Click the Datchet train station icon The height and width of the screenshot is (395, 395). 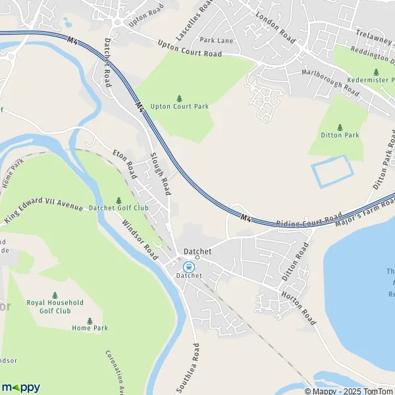click(x=189, y=267)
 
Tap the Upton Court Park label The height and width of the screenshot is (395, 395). click(x=178, y=106)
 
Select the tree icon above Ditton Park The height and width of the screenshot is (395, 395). click(x=340, y=126)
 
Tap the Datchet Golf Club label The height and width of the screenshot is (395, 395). click(x=119, y=208)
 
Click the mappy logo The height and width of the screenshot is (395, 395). click(x=20, y=387)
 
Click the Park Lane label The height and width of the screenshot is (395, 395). click(x=217, y=39)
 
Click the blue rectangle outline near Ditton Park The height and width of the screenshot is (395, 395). click(x=332, y=172)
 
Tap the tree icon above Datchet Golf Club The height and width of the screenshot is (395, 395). click(x=119, y=199)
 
